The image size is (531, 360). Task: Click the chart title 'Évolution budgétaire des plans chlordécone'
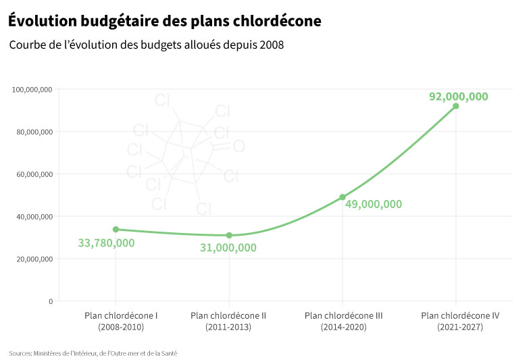(x=165, y=22)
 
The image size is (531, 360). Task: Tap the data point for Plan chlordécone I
(x=116, y=230)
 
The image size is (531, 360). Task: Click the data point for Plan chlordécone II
(x=229, y=235)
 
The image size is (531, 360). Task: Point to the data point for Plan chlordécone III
(x=343, y=197)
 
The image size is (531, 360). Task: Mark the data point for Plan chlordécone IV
(x=456, y=106)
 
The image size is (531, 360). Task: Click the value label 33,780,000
(x=106, y=243)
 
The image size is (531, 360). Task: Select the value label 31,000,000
(x=228, y=248)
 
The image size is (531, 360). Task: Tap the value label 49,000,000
(x=374, y=204)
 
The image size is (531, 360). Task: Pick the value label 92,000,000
(x=458, y=97)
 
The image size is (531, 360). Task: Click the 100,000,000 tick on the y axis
(x=32, y=89)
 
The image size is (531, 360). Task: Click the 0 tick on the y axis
(x=50, y=301)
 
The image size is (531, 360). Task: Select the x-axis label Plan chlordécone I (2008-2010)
(x=121, y=321)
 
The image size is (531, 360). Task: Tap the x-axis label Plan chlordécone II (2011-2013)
(x=228, y=321)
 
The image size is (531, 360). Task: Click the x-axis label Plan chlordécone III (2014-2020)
(x=344, y=321)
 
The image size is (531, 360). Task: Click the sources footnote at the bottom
(x=93, y=353)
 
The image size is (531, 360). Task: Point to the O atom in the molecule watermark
(x=238, y=147)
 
